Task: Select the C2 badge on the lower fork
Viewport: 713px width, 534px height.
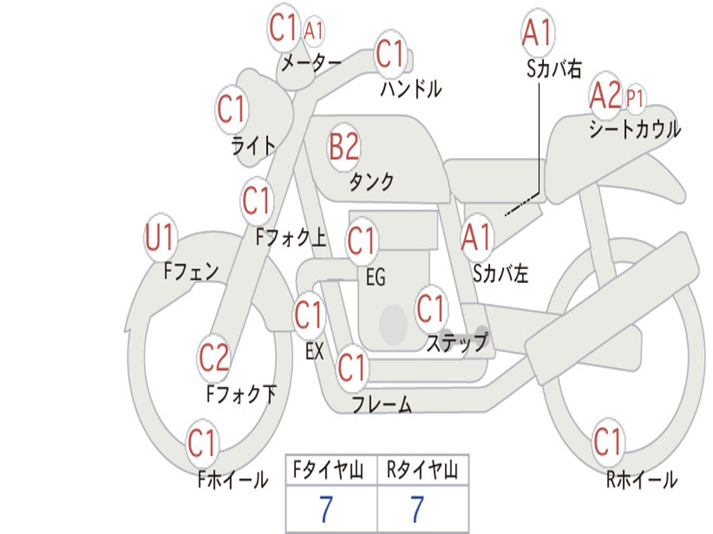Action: coord(214,358)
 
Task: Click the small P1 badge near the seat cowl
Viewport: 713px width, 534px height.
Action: coord(634,98)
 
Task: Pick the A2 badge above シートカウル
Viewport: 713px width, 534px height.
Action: coord(604,96)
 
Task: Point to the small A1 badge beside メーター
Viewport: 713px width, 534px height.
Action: coord(314,31)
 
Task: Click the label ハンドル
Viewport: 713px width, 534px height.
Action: coord(411,89)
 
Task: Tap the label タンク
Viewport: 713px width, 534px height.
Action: coord(371,182)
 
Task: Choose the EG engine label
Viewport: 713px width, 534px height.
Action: coord(375,277)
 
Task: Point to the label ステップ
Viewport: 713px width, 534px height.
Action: coord(457,343)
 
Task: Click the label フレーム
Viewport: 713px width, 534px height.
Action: coord(382,404)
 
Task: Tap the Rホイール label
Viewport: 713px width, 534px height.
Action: coord(641,479)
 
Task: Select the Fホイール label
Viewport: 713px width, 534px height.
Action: coord(233,479)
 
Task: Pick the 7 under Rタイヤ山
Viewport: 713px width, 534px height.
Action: coord(417,510)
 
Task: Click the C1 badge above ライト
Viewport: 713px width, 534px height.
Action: coord(231,110)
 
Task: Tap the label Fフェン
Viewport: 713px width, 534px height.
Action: coord(191,270)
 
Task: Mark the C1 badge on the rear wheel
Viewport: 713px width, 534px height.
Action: coord(608,442)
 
